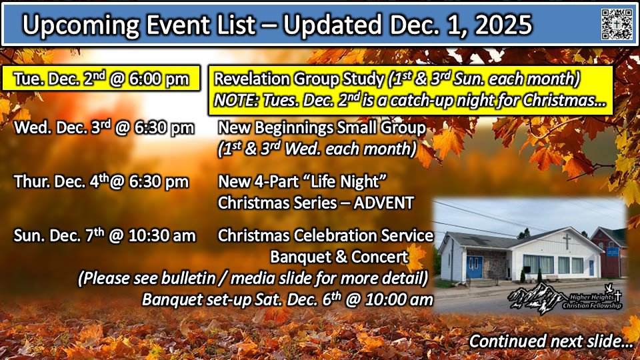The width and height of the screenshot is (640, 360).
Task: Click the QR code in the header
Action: click(617, 24)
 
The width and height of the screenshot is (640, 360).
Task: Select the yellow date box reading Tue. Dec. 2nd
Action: click(101, 78)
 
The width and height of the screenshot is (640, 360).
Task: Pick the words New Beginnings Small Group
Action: click(321, 128)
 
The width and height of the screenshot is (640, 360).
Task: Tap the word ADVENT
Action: click(384, 203)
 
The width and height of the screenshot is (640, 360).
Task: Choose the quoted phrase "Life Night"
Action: click(348, 181)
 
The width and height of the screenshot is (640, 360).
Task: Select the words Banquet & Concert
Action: click(339, 257)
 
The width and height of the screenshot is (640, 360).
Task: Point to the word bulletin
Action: click(188, 278)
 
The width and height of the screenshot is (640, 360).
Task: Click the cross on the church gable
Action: click(567, 241)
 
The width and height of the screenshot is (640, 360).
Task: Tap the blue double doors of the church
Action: click(474, 267)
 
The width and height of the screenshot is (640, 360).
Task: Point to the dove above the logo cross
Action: click(609, 287)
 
